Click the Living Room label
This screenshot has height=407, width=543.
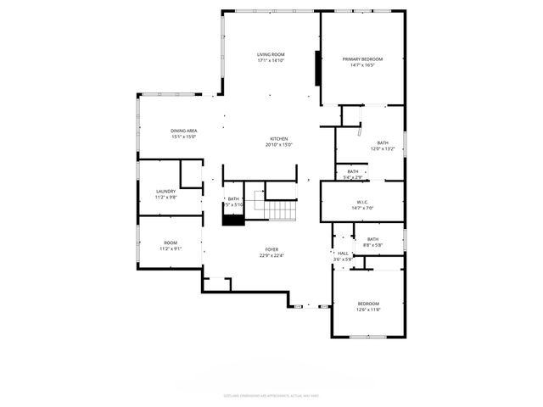click(x=271, y=54)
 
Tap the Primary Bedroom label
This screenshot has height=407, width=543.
click(x=362, y=59)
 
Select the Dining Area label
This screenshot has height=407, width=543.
click(x=184, y=131)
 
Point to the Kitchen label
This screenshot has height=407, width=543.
click(x=279, y=139)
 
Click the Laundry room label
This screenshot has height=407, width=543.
click(x=166, y=192)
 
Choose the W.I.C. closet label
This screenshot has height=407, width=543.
click(x=362, y=202)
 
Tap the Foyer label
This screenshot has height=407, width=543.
click(x=271, y=249)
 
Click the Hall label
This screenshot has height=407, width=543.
click(x=343, y=253)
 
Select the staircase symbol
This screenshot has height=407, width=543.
click(x=279, y=209)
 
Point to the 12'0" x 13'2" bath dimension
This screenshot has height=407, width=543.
click(x=383, y=148)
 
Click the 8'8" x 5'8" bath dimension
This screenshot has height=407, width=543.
click(x=372, y=245)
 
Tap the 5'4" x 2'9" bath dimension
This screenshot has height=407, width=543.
click(x=353, y=177)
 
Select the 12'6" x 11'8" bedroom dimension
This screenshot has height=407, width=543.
click(x=368, y=309)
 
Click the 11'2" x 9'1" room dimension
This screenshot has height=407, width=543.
click(x=171, y=248)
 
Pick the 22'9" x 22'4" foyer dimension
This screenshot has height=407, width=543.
click(x=271, y=255)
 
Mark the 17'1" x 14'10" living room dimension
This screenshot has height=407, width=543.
click(x=271, y=60)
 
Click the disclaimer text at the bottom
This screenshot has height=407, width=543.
click(x=271, y=395)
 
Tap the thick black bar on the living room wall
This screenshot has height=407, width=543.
click(x=317, y=68)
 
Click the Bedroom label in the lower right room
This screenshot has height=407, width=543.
click(x=368, y=304)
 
